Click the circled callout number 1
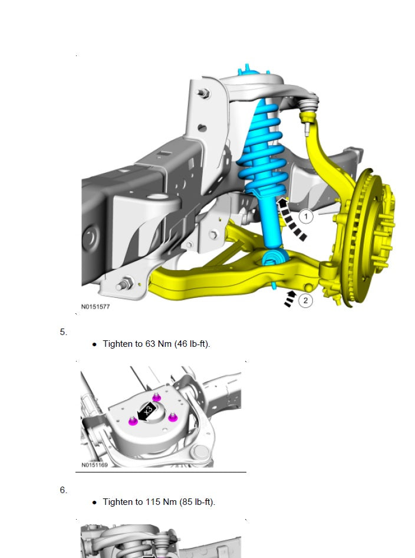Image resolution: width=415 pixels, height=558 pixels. point(305,216)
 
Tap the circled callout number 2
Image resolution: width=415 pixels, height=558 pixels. point(305,301)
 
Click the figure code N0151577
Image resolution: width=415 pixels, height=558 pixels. point(95,307)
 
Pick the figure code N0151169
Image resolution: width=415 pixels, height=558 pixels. point(94,465)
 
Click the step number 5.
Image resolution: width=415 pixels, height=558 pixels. point(63,332)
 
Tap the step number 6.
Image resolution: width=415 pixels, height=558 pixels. point(63,490)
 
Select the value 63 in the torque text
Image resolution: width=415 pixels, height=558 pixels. point(150,344)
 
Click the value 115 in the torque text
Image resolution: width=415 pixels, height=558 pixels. point(153,502)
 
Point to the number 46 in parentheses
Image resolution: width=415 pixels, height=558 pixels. point(184,344)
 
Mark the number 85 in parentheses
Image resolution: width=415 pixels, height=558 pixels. point(189,502)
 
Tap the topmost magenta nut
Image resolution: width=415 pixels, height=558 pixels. point(156,397)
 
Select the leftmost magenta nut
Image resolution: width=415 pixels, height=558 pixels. point(133,421)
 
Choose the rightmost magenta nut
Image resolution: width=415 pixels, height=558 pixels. point(173,417)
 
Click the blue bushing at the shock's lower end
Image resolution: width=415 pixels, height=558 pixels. point(274,258)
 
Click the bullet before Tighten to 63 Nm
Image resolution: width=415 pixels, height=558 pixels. point(94,344)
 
